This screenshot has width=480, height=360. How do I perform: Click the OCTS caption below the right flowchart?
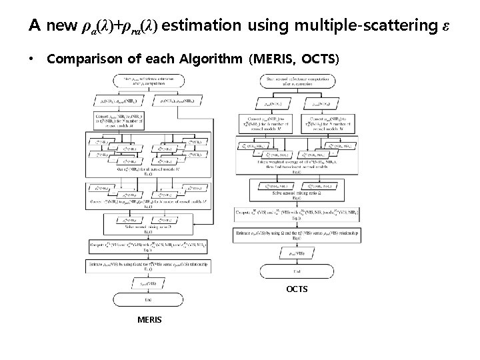(297, 289)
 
